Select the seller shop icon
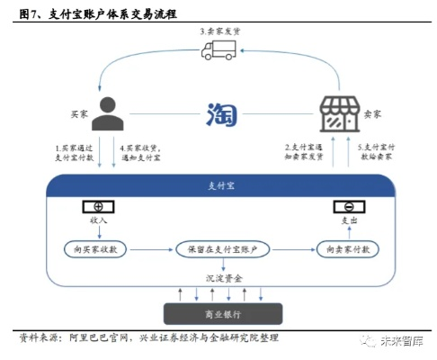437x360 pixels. tap(334, 115)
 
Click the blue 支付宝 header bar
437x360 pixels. tap(218, 187)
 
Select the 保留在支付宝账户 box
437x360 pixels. tap(218, 247)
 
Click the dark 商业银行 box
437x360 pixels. tap(218, 313)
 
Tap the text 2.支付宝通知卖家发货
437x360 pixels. tap(303, 153)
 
